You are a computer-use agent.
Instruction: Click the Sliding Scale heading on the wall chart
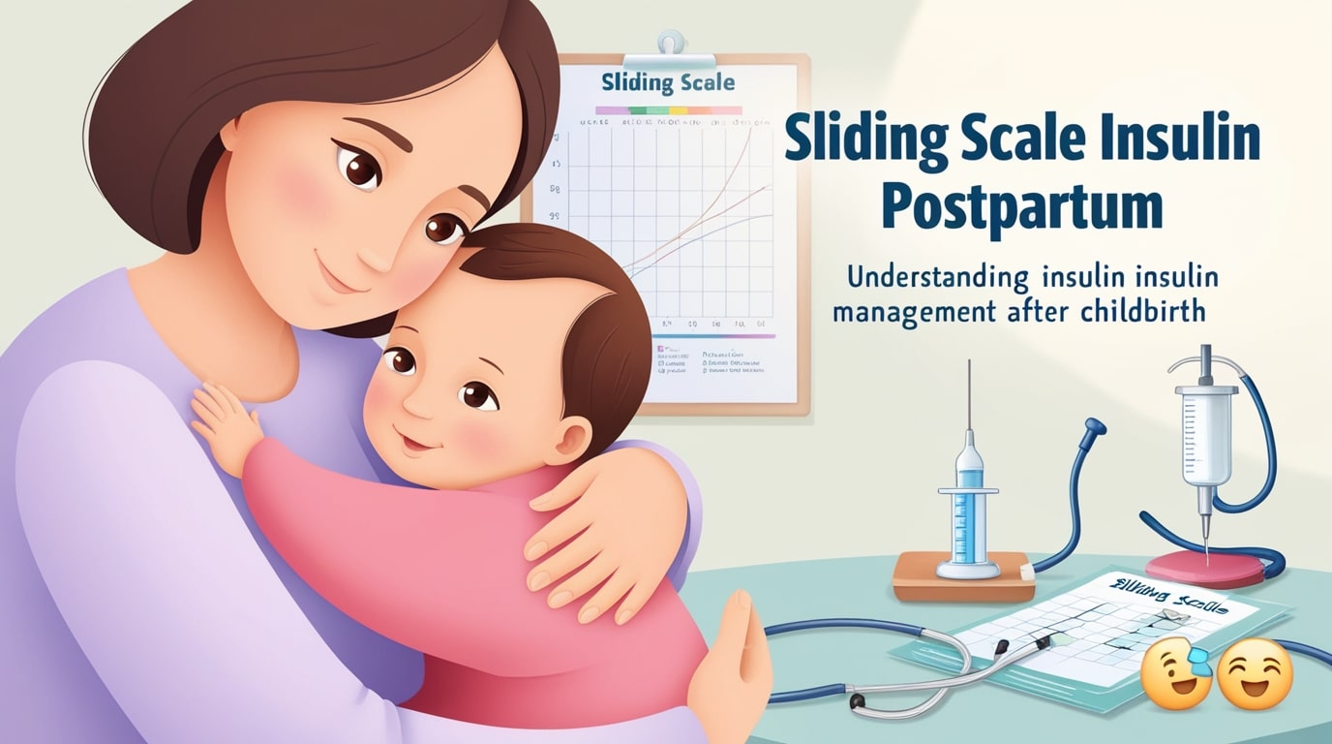pyautogui.click(x=667, y=83)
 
